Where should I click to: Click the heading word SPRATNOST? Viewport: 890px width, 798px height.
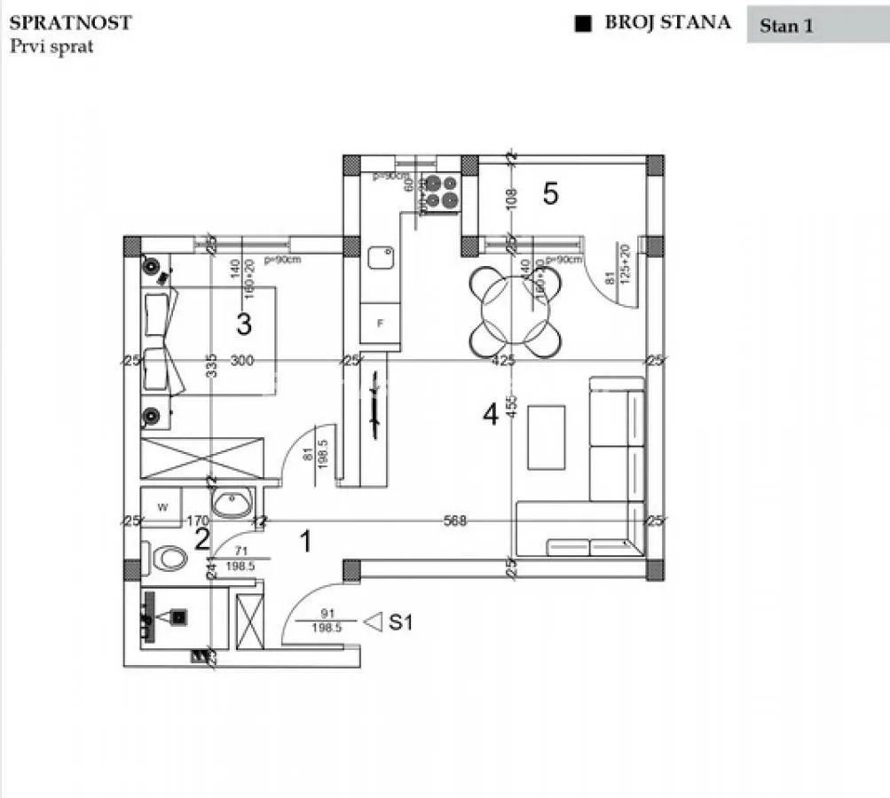[70, 23]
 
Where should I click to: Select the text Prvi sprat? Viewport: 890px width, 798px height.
[51, 46]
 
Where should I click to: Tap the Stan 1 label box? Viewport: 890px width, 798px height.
[786, 26]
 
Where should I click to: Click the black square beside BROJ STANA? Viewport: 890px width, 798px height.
[583, 24]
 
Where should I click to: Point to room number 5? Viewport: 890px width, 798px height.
[550, 194]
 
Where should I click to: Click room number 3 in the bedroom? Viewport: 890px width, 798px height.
[243, 324]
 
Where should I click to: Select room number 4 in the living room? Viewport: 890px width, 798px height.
[490, 414]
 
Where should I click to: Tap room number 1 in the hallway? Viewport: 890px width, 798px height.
[306, 541]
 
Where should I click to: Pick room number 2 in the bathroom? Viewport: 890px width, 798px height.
[202, 538]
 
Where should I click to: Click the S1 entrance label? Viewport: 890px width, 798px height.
[402, 623]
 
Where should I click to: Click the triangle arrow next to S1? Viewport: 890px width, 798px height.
[374, 622]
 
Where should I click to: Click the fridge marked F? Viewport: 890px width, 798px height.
[381, 324]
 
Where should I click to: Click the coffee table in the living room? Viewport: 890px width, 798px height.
[546, 437]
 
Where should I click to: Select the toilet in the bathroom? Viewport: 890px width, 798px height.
[169, 559]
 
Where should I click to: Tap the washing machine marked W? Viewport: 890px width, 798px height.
[162, 507]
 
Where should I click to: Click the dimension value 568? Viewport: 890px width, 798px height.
[455, 521]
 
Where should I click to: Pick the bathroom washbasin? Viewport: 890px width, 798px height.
[232, 504]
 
